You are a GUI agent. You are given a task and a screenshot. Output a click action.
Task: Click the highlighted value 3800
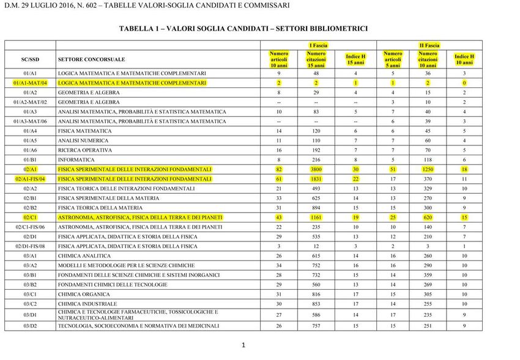(316, 169)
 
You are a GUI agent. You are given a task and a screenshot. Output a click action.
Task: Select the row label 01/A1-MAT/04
(30, 83)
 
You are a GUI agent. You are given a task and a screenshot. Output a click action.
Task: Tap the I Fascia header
(318, 45)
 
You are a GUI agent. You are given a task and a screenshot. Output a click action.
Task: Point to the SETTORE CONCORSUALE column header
(91, 59)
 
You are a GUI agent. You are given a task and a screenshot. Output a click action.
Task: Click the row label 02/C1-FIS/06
(30, 227)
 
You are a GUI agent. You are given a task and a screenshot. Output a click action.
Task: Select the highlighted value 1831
(316, 179)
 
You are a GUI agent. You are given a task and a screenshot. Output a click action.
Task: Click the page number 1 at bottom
(243, 345)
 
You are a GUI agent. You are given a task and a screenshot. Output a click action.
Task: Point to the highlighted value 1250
(428, 169)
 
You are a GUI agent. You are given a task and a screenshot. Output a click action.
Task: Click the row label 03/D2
(30, 326)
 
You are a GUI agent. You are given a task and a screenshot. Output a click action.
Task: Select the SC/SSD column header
(30, 59)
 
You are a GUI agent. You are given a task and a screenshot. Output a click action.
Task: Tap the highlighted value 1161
(316, 218)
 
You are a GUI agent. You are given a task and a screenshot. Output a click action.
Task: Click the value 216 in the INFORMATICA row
(316, 160)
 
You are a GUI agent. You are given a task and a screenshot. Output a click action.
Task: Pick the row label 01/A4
(30, 131)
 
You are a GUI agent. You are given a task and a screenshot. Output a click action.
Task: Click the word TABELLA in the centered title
(136, 28)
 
